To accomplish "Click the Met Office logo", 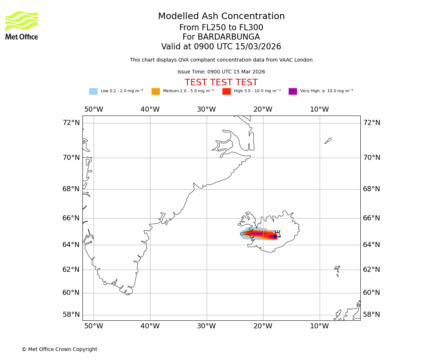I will [22, 25].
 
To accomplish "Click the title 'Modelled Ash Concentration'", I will [221, 17].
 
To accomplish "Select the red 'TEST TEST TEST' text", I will [221, 82].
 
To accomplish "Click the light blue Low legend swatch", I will [93, 91].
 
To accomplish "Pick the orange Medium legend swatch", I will [156, 91].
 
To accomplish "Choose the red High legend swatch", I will [226, 91].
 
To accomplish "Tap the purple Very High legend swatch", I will [293, 91].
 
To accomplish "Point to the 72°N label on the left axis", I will [71, 123].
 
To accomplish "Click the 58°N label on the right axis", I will [371, 315].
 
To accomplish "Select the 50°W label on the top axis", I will [94, 109].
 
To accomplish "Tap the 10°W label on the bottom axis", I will [319, 326].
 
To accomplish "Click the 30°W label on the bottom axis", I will [206, 326].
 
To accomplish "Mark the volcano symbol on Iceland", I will [277, 234].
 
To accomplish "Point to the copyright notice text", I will [59, 350].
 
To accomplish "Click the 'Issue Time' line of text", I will [221, 72].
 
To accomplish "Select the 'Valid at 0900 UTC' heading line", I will [221, 47].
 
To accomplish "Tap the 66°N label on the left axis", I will [71, 218].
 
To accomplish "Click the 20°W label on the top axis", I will [263, 109].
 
